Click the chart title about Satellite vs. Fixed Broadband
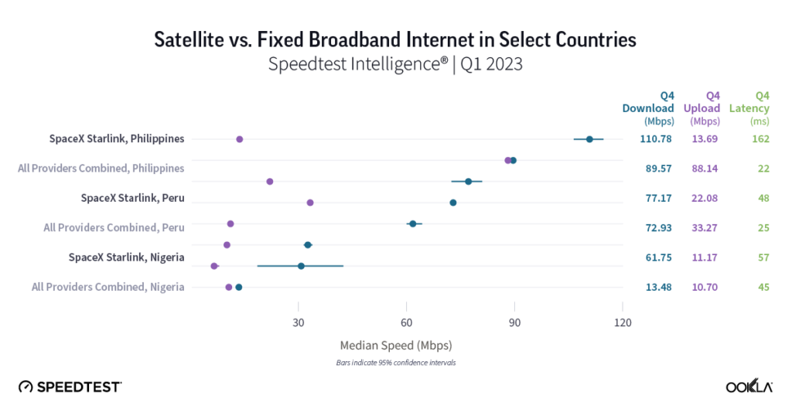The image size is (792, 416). point(395,39)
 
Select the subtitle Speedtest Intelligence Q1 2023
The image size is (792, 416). point(395,64)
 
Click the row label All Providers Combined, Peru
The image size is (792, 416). point(114,227)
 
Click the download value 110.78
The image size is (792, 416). point(656,139)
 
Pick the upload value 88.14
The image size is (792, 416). point(705,169)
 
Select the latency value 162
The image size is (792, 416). point(761,139)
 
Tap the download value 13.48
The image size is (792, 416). point(657,287)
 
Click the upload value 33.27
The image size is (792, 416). point(705,227)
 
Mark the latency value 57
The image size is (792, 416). point(763,257)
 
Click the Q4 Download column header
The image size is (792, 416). point(648,108)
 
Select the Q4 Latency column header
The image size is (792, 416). point(749,108)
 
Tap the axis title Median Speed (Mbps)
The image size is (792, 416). point(395,345)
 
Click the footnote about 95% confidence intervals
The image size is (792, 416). point(395,362)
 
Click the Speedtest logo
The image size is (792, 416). point(70,386)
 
